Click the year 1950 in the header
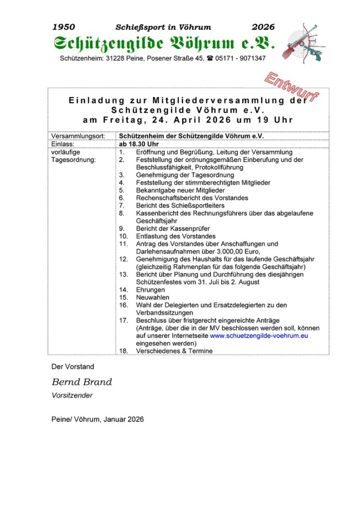64,27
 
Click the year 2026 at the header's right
263,27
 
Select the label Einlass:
64,143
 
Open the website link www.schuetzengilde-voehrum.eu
259,336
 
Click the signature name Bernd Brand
82,382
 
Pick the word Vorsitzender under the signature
72,395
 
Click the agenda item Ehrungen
151,290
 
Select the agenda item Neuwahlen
153,298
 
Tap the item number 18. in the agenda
124,351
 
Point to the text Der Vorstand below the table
73,367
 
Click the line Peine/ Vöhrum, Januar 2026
98,419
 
